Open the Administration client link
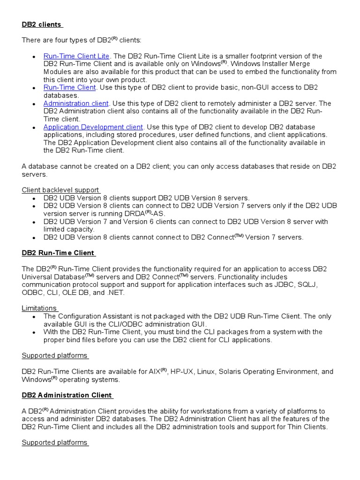click(76, 103)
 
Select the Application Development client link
click(93, 127)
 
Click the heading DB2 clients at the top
click(42, 24)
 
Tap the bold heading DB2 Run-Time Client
click(59, 253)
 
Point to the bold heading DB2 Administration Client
click(67, 395)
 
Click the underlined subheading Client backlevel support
click(60, 190)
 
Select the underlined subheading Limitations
click(39, 308)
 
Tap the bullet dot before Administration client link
click(34, 104)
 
